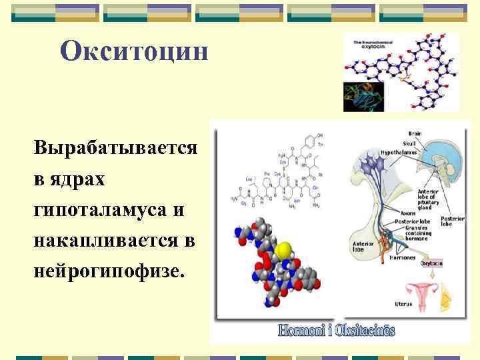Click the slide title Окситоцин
134,51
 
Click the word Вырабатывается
115,147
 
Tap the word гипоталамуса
101,210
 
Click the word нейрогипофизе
107,273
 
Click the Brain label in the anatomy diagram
415,133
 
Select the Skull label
409,143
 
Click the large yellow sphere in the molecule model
283,251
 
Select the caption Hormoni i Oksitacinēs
337,330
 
